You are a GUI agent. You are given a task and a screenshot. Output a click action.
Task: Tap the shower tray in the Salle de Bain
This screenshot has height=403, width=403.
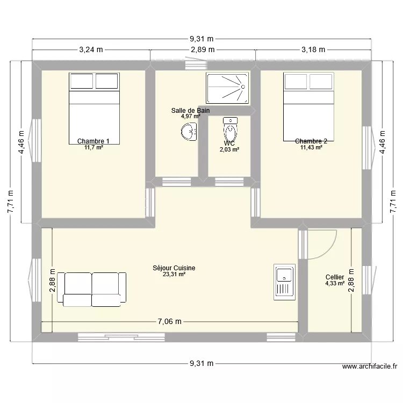pos(227,88)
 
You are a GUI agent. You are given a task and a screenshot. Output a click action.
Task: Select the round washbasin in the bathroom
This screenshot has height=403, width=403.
pos(190,132)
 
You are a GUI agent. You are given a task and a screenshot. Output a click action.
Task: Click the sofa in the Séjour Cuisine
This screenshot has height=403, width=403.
pos(95,289)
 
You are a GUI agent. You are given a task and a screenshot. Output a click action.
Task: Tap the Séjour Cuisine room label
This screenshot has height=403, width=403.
pos(174,268)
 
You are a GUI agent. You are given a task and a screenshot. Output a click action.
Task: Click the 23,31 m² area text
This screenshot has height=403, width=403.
pos(174,274)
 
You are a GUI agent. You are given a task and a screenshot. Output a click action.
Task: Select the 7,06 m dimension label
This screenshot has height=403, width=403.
pos(170,322)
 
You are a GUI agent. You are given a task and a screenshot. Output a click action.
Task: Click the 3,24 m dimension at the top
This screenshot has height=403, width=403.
pos(91,49)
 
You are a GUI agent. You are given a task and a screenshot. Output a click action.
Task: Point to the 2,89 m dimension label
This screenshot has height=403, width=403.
pos(203,49)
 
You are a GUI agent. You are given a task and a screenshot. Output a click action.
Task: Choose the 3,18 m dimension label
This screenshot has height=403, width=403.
pos(313,49)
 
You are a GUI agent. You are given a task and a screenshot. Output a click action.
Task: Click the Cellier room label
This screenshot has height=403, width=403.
pos(335,277)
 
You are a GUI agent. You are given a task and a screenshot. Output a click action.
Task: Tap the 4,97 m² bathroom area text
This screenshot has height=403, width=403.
pos(190,116)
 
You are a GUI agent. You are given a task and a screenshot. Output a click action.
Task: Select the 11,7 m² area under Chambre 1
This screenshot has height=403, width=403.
pos(93,147)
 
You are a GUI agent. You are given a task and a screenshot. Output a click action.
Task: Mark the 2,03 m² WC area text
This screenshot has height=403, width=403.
pos(229,150)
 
